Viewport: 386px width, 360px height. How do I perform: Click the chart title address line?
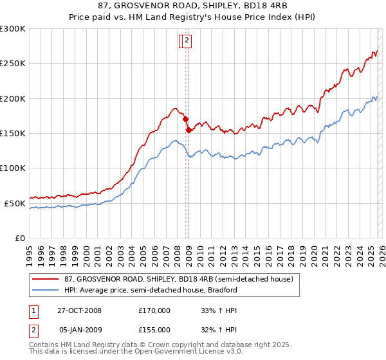[192, 6]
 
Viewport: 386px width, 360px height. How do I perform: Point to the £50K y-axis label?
[15, 203]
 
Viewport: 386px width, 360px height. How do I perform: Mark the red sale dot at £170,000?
[185, 119]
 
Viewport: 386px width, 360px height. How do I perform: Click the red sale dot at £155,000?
[188, 130]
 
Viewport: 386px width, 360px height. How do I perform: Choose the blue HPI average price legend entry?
[151, 290]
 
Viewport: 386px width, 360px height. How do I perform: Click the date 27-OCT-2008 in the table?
[80, 310]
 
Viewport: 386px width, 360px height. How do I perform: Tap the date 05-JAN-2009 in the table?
[80, 330]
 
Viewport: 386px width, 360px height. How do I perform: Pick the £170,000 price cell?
[154, 310]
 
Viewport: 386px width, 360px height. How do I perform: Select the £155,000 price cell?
[154, 330]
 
